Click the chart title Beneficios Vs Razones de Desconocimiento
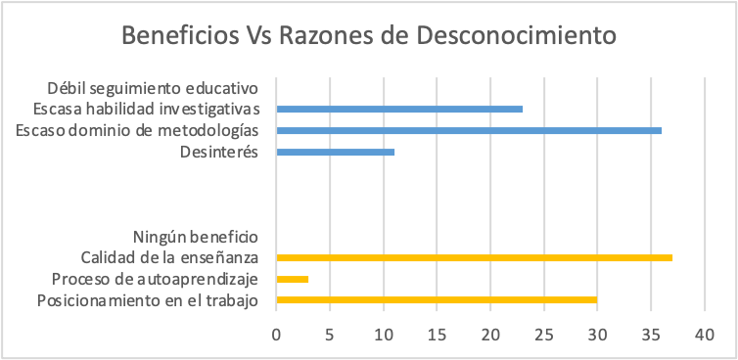368,36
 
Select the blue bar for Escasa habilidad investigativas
399,109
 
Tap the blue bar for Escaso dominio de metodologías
469,130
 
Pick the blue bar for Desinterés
336,152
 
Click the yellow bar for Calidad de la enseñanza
474,258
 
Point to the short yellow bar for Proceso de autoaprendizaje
293,280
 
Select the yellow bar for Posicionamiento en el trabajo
437,300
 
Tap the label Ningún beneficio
194,237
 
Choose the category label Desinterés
218,152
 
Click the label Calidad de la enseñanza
169,258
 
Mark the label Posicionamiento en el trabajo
147,300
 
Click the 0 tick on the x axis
277,335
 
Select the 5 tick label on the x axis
331,335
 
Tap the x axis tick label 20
490,335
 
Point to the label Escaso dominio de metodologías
138,130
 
